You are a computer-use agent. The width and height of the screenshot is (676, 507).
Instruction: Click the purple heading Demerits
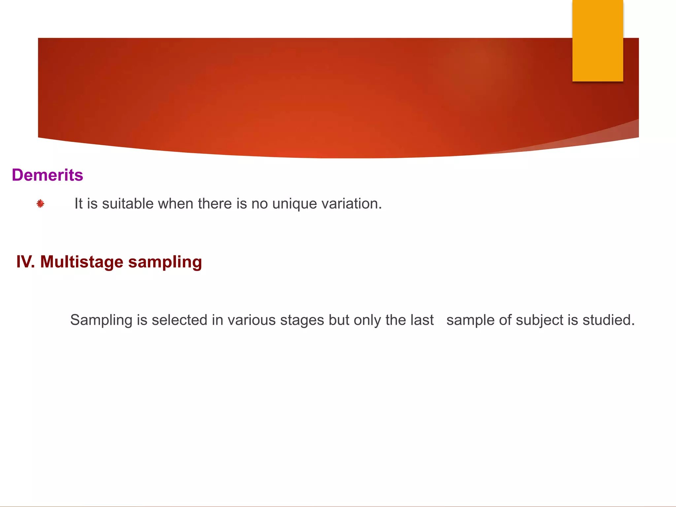(47, 175)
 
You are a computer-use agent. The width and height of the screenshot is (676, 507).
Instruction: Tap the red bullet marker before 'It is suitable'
(40, 204)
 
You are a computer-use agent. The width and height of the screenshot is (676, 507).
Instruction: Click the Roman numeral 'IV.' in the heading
(25, 262)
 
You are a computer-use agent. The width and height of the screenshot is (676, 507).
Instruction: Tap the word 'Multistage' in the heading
(82, 262)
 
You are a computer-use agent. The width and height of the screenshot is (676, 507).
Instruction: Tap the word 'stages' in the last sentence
(302, 321)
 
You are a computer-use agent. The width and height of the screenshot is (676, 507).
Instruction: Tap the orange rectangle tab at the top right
(597, 41)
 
